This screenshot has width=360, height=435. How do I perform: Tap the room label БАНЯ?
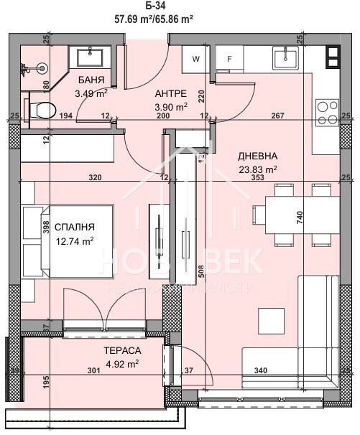pos(91,80)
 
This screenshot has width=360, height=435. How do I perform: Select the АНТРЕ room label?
pos(172,94)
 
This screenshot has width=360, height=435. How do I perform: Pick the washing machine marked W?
pos(195,60)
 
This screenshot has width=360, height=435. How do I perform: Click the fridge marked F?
pos(229,60)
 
